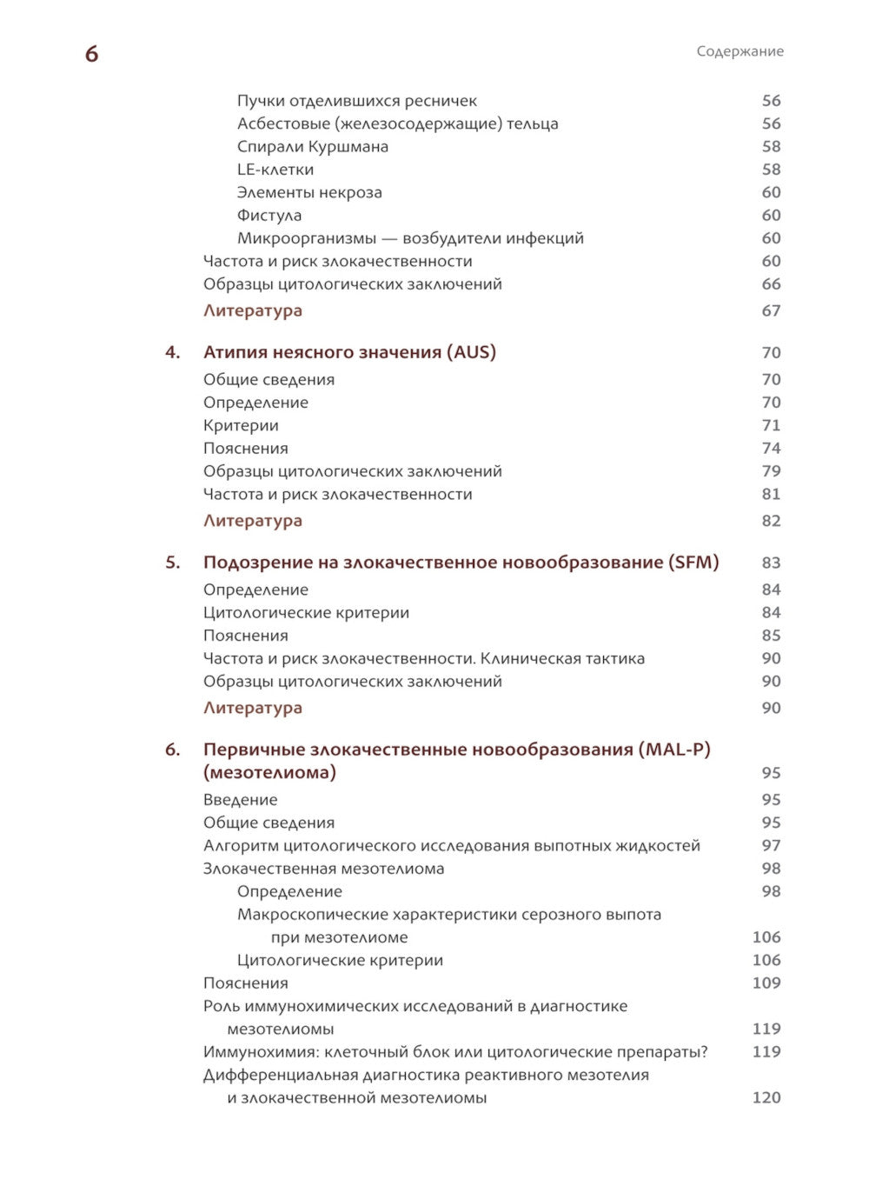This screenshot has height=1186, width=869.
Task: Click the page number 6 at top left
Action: [x=91, y=54]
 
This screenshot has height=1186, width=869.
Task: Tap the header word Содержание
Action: [x=740, y=51]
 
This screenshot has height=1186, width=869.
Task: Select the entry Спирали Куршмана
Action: [x=312, y=146]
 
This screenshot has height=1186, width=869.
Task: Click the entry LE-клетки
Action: [x=275, y=170]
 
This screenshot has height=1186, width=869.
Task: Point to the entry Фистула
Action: [x=269, y=215]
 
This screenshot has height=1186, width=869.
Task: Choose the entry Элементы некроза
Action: [x=309, y=192]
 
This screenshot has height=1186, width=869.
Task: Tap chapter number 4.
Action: [x=172, y=352]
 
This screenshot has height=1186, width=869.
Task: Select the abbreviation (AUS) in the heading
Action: [x=472, y=352]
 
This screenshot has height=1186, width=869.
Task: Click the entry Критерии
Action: [x=241, y=425]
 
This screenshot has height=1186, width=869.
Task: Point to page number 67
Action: [x=771, y=310]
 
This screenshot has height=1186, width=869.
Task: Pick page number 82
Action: [x=771, y=521]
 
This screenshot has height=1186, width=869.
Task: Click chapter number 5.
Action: [x=172, y=563]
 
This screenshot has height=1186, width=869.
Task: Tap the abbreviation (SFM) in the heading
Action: [x=693, y=563]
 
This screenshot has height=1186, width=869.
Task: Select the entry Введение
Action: [x=240, y=799]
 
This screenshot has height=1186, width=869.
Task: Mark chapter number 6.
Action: [x=172, y=750]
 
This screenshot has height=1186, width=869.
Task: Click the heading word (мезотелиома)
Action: [x=269, y=772]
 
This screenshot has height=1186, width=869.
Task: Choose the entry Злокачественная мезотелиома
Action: [x=323, y=868]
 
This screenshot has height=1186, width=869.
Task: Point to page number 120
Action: [x=766, y=1097]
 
